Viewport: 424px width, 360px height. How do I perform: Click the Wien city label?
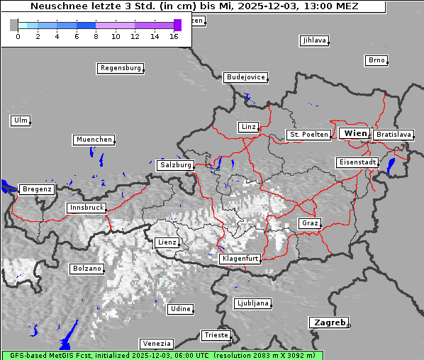coord(355,133)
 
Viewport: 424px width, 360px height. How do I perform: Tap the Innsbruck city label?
coord(86,208)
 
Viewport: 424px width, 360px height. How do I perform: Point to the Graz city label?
coord(309,223)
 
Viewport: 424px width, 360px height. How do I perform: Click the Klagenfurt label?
coord(240,259)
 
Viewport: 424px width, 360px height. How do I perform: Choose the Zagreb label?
coord(328,322)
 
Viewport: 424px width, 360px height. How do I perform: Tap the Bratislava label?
coord(394,135)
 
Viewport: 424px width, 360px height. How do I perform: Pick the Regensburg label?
coord(120,69)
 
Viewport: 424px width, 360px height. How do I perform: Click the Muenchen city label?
coord(94,140)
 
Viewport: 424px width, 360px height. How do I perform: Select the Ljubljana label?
coord(252,303)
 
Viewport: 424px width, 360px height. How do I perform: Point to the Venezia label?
coord(156,344)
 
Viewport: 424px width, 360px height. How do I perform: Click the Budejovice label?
coord(245,77)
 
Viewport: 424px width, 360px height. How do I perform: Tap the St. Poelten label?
coord(308,135)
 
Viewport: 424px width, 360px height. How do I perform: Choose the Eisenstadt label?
coord(357,163)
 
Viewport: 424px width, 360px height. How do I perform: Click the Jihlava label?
coord(314,40)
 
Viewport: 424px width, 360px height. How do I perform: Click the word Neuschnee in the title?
coord(55,6)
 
